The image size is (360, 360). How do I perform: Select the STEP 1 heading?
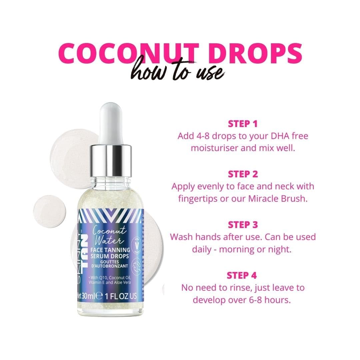243,124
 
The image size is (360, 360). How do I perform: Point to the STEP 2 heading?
243,174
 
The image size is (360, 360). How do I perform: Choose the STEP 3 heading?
243,225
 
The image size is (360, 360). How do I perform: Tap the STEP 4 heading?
243,275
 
